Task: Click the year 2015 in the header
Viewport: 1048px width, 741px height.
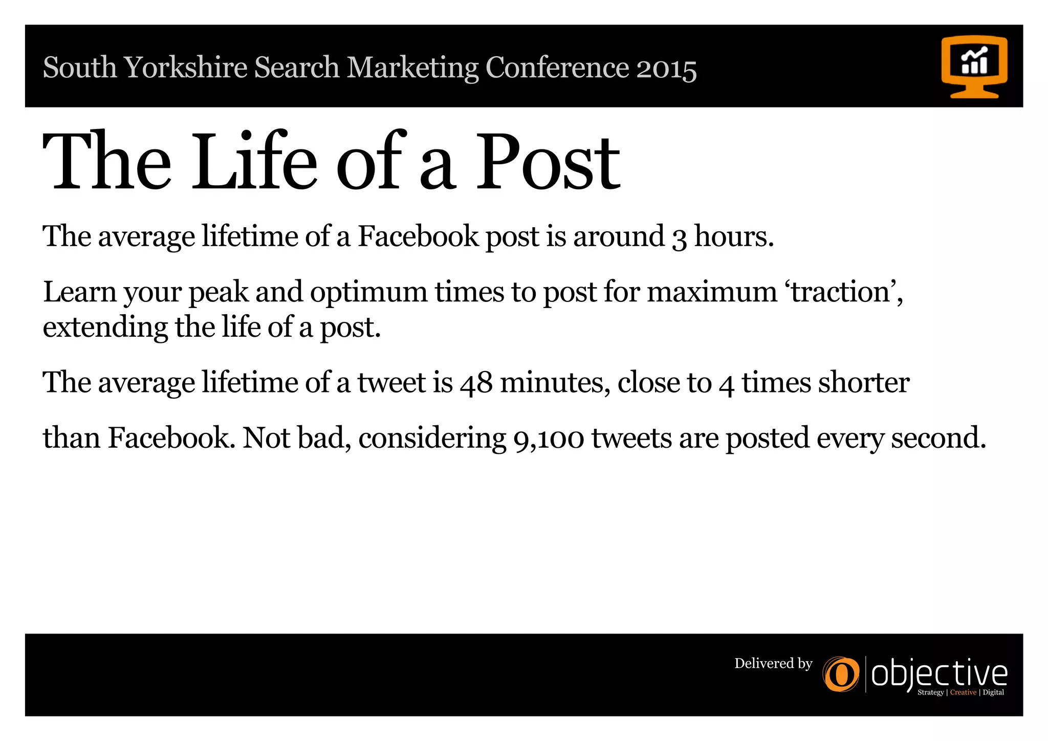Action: point(666,69)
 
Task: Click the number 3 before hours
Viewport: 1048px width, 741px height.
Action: point(679,238)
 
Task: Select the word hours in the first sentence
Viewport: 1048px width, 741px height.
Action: point(733,236)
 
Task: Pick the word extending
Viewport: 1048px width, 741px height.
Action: point(105,329)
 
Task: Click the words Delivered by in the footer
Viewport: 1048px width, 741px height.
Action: point(773,664)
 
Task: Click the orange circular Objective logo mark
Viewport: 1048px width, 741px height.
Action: point(841,674)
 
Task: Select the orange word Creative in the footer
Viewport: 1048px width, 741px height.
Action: point(963,692)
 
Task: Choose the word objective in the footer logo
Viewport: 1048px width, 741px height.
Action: point(939,674)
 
